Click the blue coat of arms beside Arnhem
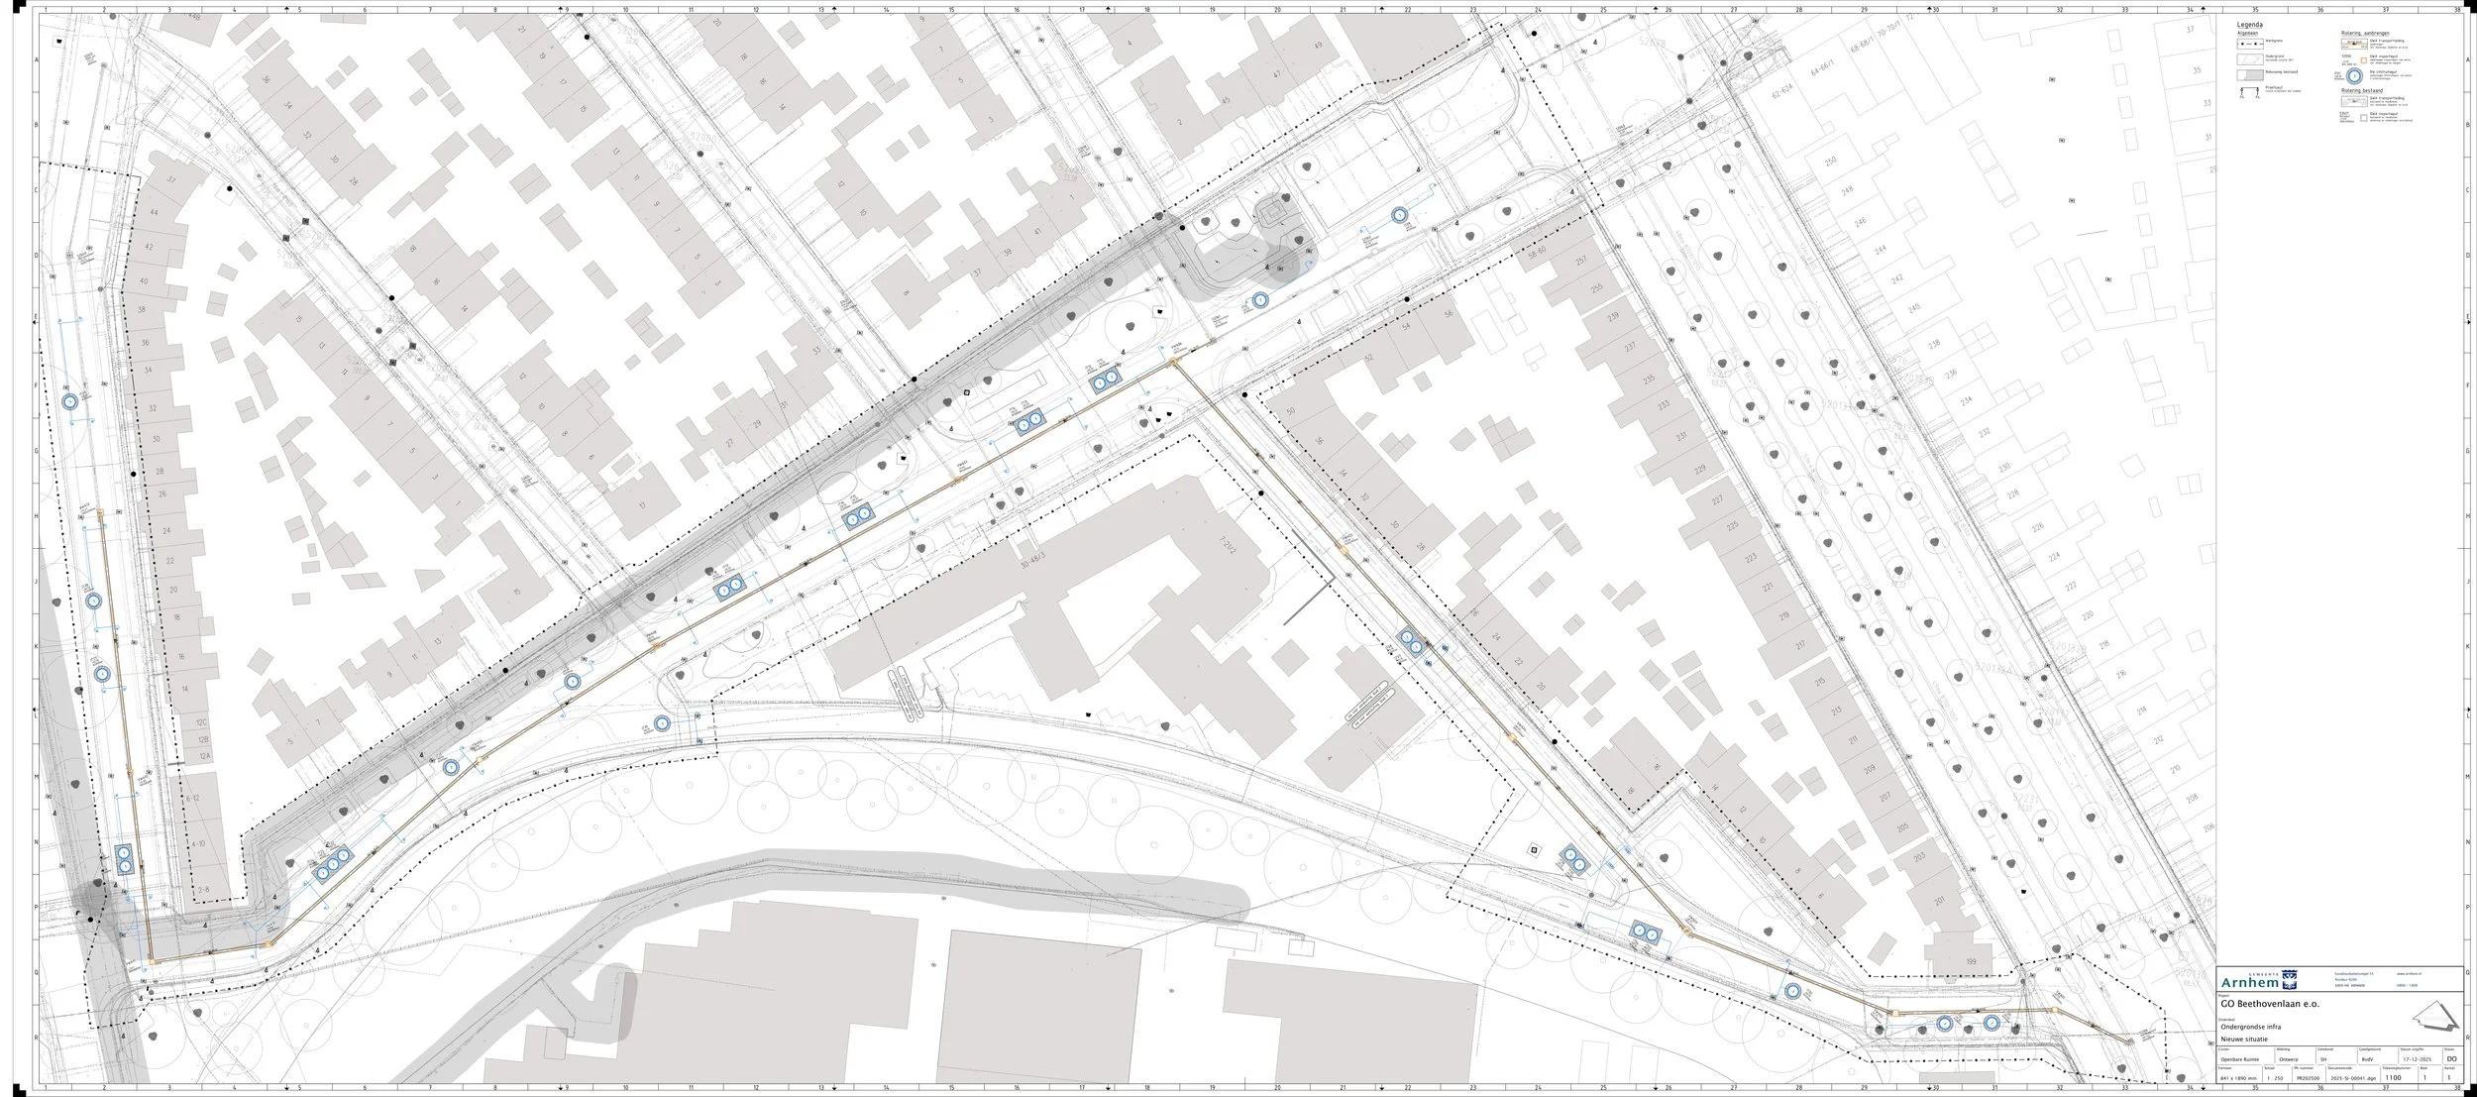[2289, 981]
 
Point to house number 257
[1581, 260]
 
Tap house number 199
[1943, 962]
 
